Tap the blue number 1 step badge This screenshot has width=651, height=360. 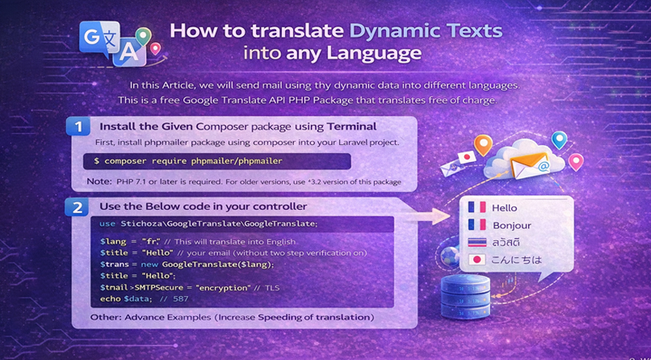pyautogui.click(x=78, y=126)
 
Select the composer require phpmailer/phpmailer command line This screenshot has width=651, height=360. pyautogui.click(x=188, y=161)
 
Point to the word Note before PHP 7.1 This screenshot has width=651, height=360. pyautogui.click(x=99, y=181)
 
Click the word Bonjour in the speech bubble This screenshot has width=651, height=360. pyautogui.click(x=513, y=225)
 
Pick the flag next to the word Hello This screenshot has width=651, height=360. pyautogui.click(x=476, y=208)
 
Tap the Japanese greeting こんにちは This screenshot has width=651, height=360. pyautogui.click(x=516, y=260)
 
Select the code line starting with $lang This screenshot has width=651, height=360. pyautogui.click(x=199, y=242)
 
